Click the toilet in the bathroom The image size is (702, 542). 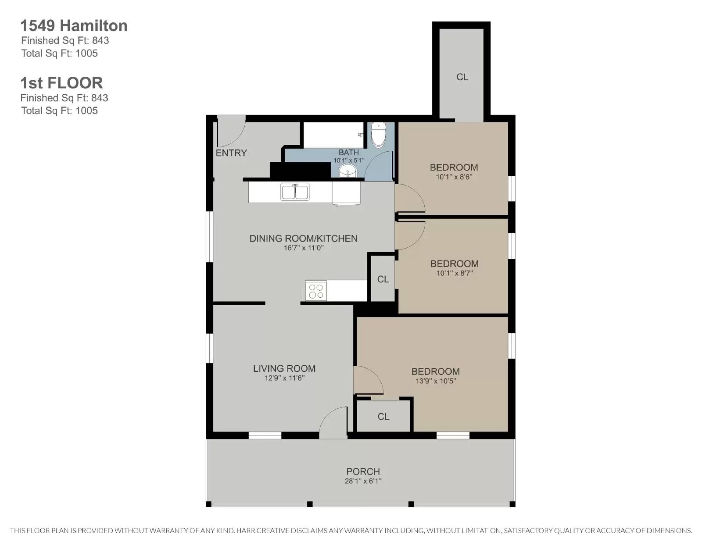pos(377,135)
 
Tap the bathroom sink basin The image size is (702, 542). pos(347,171)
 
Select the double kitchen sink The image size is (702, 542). pos(295,192)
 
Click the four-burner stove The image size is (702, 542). pos(316,291)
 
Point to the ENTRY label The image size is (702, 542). pos(231,153)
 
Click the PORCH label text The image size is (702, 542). pos(363,472)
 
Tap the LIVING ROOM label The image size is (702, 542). pos(284,368)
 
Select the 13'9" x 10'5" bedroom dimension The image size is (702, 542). pos(436,381)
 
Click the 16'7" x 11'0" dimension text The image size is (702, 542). pos(304,248)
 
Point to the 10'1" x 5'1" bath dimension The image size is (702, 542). pos(349,160)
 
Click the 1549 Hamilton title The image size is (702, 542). pos(74,25)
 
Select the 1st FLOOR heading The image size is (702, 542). pos(62,83)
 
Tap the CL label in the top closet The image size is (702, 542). pos(462,77)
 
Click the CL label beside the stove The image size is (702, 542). pos(383,279)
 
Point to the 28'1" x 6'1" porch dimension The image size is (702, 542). pos(363,481)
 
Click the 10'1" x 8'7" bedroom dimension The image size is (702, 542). pos(455,273)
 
